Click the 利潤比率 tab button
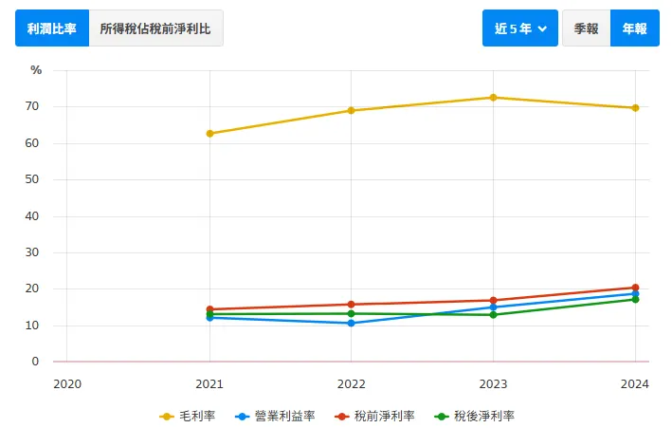[52, 28]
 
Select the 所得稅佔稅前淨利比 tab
[156, 28]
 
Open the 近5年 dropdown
[520, 28]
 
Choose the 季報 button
[586, 28]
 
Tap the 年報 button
[634, 28]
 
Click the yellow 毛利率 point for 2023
[493, 98]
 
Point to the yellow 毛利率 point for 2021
[209, 134]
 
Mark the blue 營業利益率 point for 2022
[352, 324]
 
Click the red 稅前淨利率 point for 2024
[635, 288]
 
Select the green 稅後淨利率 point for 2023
[493, 314]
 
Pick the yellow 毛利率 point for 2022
[352, 110]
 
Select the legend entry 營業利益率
[274, 416]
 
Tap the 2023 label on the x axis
[493, 383]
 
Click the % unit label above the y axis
[36, 70]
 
